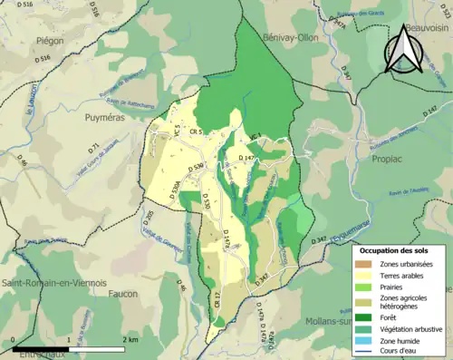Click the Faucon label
pyautogui.click(x=122, y=294)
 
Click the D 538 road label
pyautogui.click(x=197, y=168)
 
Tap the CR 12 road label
pyautogui.click(x=217, y=300)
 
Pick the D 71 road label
pyautogui.click(x=93, y=148)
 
